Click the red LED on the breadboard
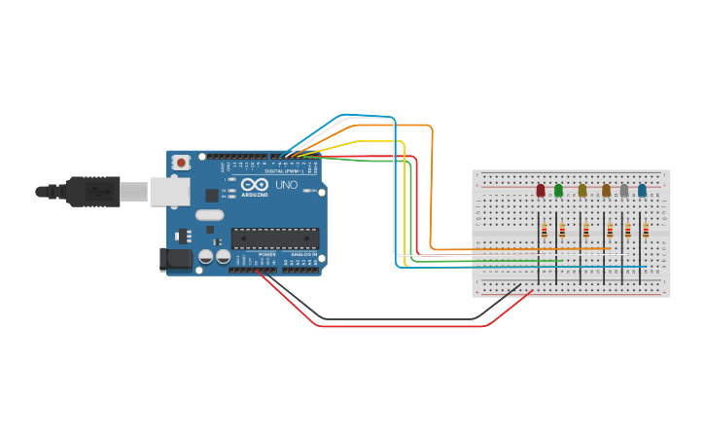pos(541,191)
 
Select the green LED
pos(558,191)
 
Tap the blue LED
pos(642,191)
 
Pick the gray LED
pos(624,191)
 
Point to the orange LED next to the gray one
pos(606,191)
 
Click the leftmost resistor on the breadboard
pos(545,230)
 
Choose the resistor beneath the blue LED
pos(646,230)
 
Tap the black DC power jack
pos(175,258)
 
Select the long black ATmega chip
pos(275,239)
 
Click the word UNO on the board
pos(287,185)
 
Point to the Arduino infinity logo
pos(255,185)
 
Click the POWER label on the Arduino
pos(266,254)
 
